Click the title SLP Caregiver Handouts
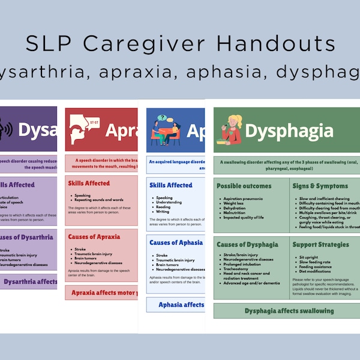[179, 44]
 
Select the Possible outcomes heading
[244, 186]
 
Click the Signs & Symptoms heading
[321, 186]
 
